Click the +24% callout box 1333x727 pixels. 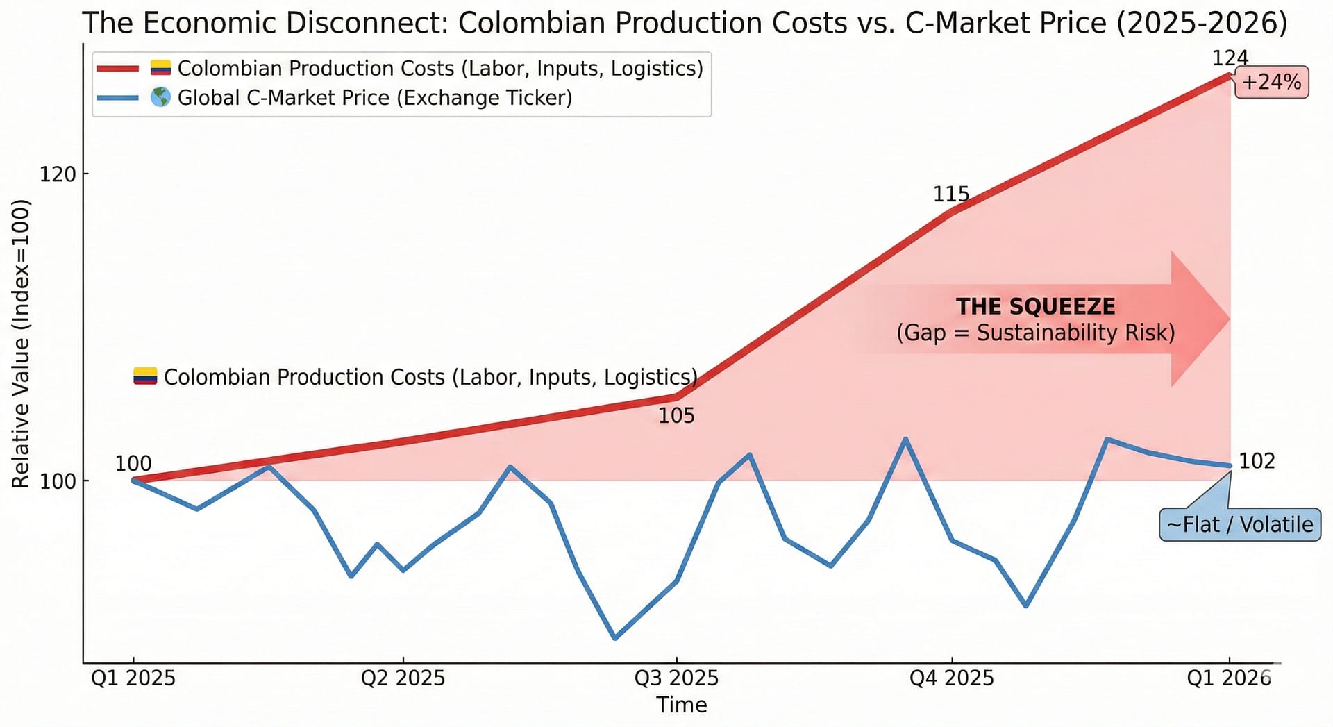tap(1271, 83)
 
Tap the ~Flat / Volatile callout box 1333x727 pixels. tap(1240, 524)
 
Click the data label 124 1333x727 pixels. tap(1230, 58)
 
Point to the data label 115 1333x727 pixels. tap(950, 194)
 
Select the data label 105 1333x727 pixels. tap(676, 416)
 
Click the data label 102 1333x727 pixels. tap(1257, 461)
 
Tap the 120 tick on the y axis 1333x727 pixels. tap(58, 174)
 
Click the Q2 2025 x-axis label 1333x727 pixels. tap(403, 678)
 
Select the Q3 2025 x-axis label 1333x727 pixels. tap(676, 678)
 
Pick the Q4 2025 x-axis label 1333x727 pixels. tap(951, 678)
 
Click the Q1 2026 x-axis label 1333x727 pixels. tap(1228, 678)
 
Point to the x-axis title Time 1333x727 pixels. tap(681, 705)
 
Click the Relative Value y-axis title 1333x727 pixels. tap(21, 344)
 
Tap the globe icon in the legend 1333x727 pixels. tap(160, 97)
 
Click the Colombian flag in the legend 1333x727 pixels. tap(160, 68)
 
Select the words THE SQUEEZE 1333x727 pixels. tap(1035, 306)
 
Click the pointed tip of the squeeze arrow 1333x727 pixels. tap(1228, 319)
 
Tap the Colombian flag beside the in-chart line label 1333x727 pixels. tap(145, 376)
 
